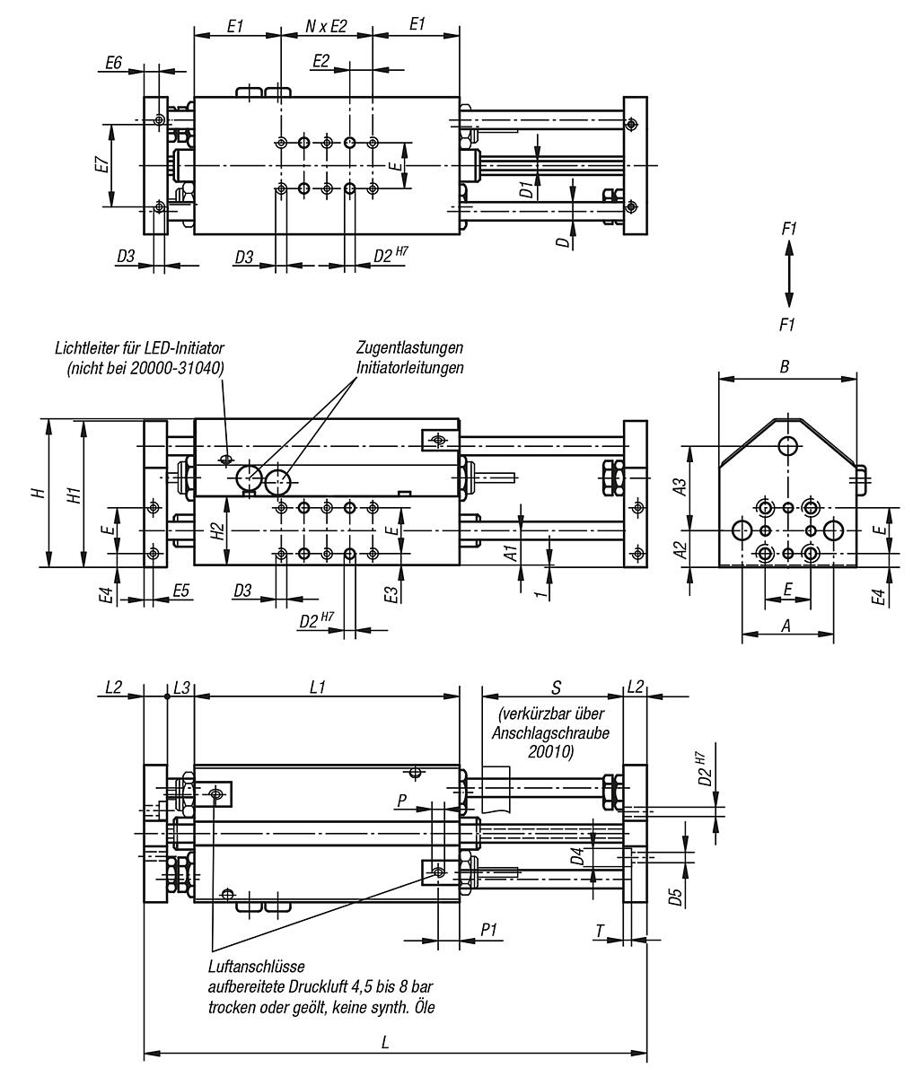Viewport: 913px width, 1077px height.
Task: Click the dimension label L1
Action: [x=317, y=687]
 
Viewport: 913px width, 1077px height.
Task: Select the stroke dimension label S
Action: [x=557, y=687]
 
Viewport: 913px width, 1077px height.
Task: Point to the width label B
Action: [x=785, y=367]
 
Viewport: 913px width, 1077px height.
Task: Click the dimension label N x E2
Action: [x=326, y=26]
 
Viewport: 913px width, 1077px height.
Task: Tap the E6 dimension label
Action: [x=113, y=62]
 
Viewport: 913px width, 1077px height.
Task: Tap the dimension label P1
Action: [x=489, y=931]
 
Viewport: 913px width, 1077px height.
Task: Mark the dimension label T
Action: [x=600, y=931]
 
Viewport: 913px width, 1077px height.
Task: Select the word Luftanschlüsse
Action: [x=256, y=967]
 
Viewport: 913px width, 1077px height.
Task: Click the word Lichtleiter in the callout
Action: [x=85, y=347]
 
